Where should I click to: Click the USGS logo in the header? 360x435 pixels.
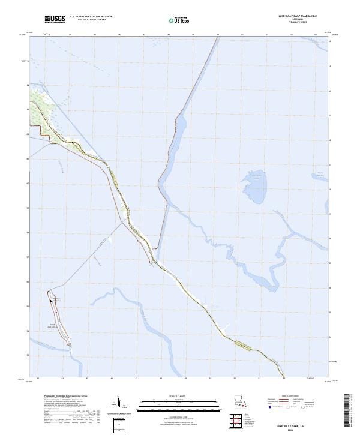tap(55, 20)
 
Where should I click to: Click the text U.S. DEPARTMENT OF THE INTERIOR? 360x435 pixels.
tap(91, 17)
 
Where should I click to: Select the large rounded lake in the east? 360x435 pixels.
tap(255, 187)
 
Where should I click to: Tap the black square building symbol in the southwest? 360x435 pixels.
tap(52, 300)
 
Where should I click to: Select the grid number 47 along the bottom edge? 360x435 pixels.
tap(136, 379)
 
